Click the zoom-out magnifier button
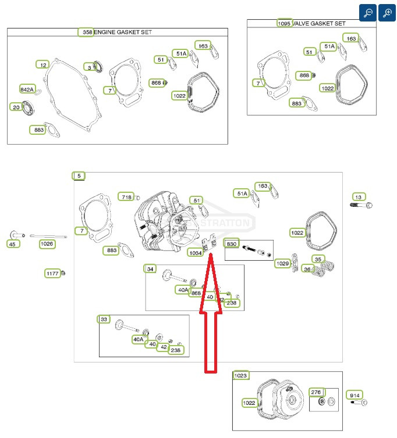click(368, 13)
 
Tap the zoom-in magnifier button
click(387, 13)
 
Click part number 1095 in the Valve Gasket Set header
click(283, 23)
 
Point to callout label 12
click(42, 64)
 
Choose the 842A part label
click(27, 89)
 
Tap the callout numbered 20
click(16, 107)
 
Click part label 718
click(126, 196)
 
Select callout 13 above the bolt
click(357, 197)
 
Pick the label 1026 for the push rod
click(47, 244)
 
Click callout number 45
click(12, 244)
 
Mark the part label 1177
click(53, 273)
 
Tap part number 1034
click(196, 253)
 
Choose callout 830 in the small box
click(232, 243)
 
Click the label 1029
click(282, 263)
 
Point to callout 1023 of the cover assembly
click(241, 375)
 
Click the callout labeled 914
click(353, 395)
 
